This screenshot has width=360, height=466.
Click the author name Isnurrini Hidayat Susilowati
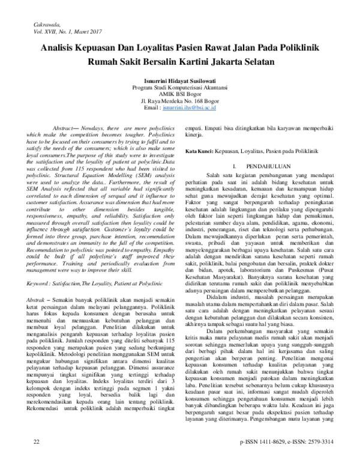click(x=179, y=79)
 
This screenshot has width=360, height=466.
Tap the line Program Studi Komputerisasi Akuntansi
click(x=179, y=86)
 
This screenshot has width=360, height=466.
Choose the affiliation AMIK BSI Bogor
click(x=179, y=93)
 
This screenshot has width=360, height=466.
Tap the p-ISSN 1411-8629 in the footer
click(x=265, y=458)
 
